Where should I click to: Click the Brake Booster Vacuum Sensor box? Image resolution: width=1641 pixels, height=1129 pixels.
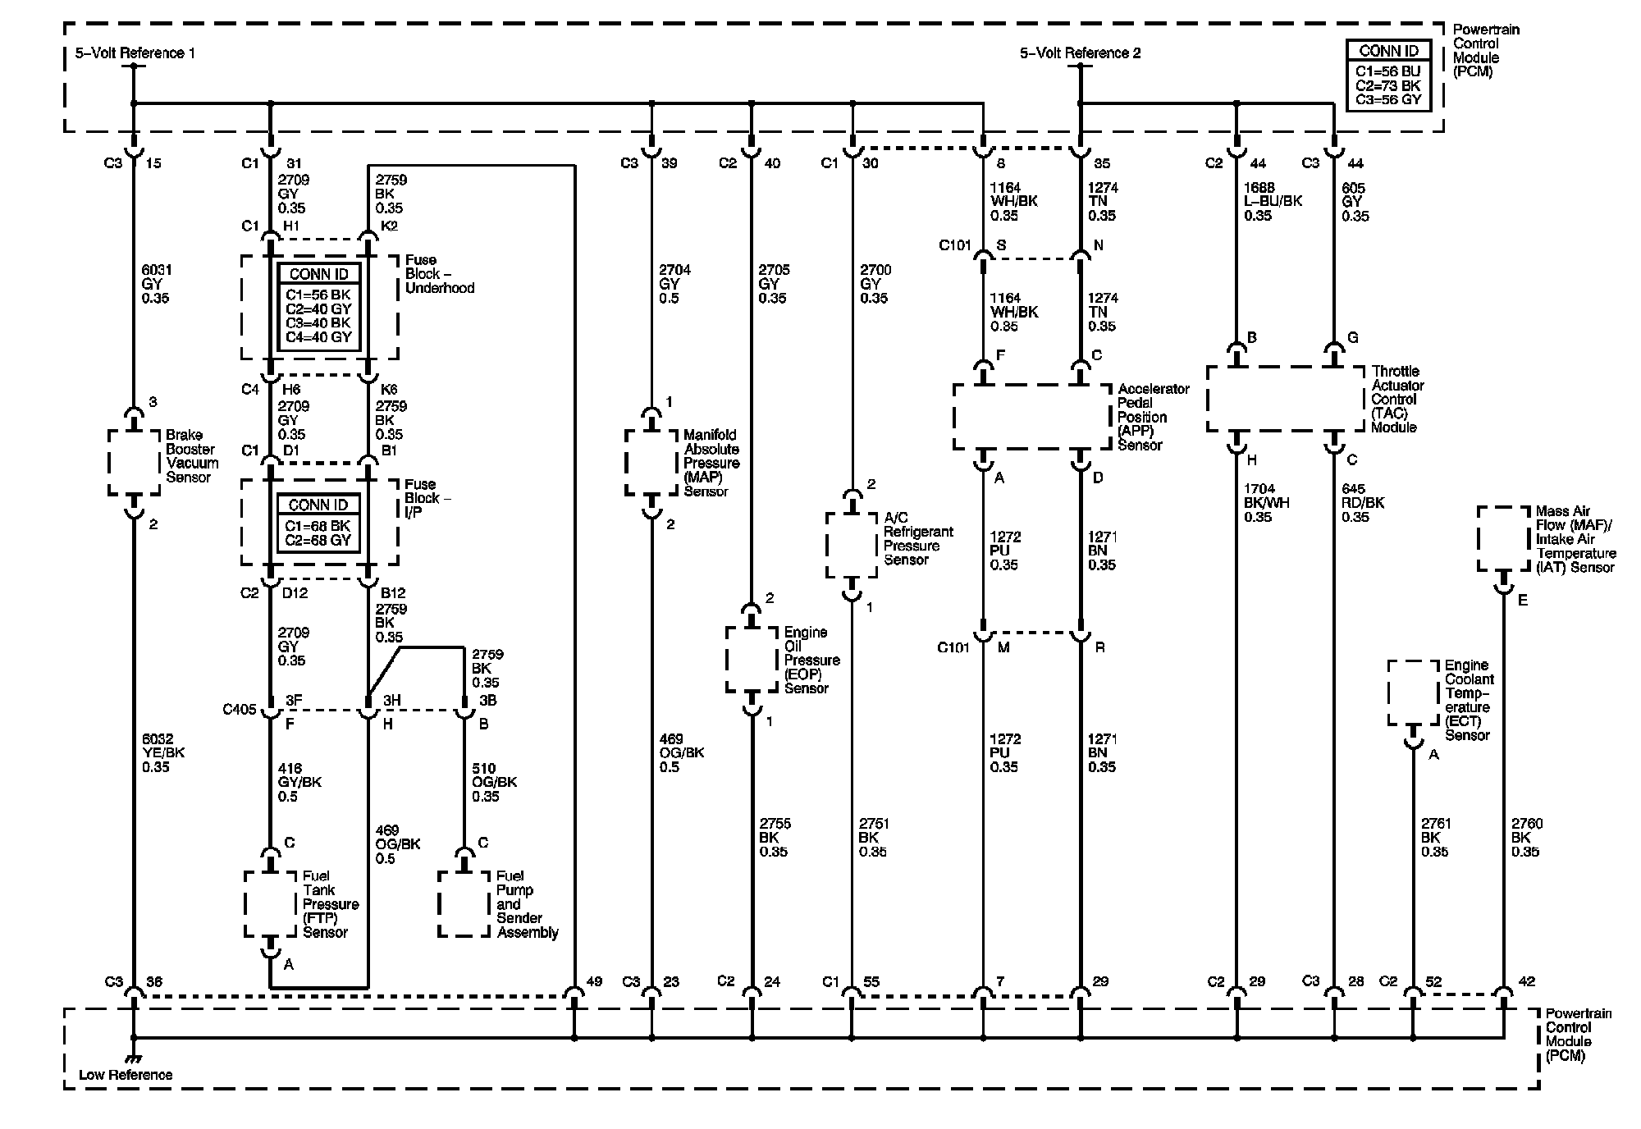point(134,462)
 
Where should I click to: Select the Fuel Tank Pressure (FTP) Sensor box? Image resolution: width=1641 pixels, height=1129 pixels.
point(270,903)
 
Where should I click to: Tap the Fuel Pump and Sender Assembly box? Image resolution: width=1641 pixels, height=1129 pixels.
point(464,903)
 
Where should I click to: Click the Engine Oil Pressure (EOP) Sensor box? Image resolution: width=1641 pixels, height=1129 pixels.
point(752,660)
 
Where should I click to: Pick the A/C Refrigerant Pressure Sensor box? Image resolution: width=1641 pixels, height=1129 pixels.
point(852,545)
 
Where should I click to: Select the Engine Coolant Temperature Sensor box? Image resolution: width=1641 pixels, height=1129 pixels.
point(1413,693)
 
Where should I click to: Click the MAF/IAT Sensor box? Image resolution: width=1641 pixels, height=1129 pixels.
point(1503,538)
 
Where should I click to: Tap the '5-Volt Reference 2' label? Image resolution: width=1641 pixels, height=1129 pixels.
point(1080,53)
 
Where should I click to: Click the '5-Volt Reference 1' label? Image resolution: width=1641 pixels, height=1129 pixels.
point(135,53)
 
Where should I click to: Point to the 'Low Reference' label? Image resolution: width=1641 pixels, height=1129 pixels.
point(126,1075)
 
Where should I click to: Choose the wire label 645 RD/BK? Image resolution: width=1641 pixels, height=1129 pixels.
point(1362,503)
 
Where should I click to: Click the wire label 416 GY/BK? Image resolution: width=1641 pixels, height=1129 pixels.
point(299,782)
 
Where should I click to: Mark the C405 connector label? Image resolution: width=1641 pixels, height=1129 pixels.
point(240,710)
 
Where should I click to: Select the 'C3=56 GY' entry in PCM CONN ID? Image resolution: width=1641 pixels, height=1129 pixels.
point(1388,100)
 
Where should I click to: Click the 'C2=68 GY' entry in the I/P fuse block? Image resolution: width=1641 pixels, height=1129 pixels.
point(318,541)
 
